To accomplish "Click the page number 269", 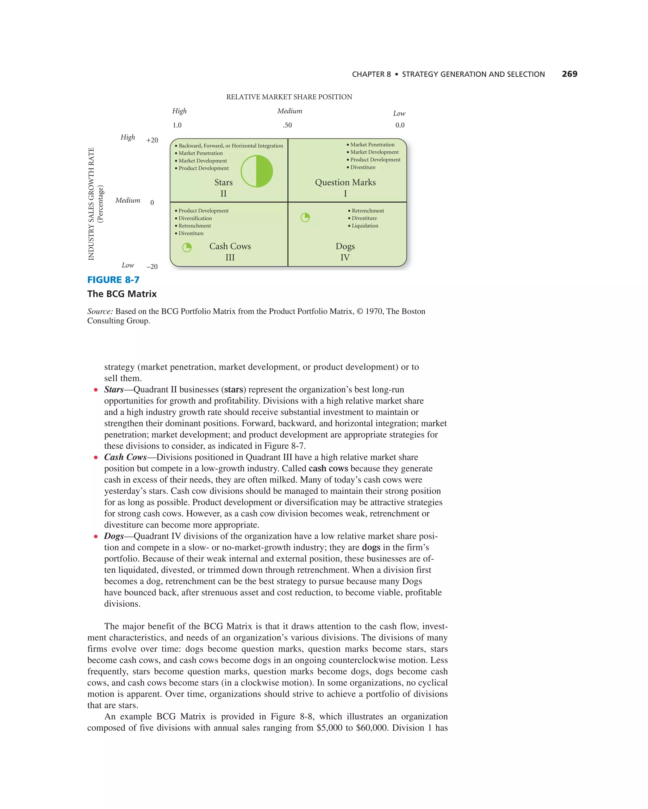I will [x=569, y=74].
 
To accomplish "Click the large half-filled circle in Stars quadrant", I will [x=257, y=171].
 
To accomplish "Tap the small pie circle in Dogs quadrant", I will [x=305, y=217].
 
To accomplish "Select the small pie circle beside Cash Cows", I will [x=187, y=247].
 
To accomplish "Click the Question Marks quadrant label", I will [x=345, y=182].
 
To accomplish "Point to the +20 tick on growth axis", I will [x=152, y=140].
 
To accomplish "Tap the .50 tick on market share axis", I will [x=287, y=125].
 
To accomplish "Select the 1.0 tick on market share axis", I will [x=177, y=125].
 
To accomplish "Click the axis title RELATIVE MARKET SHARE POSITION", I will [x=289, y=97].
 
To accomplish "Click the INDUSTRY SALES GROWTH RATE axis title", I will [x=91, y=204].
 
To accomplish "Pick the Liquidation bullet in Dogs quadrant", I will [x=364, y=225].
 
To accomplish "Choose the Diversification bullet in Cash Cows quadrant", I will [x=195, y=218].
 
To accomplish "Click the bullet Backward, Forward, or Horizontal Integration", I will [x=230, y=146].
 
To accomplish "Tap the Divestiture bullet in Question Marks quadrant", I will [x=362, y=167].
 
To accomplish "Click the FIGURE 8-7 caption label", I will [x=113, y=280].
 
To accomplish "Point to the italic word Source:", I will [x=100, y=311].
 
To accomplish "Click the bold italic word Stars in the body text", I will [x=114, y=389].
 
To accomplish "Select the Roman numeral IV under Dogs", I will [x=345, y=257].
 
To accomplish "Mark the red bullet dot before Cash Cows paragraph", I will [x=96, y=458].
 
